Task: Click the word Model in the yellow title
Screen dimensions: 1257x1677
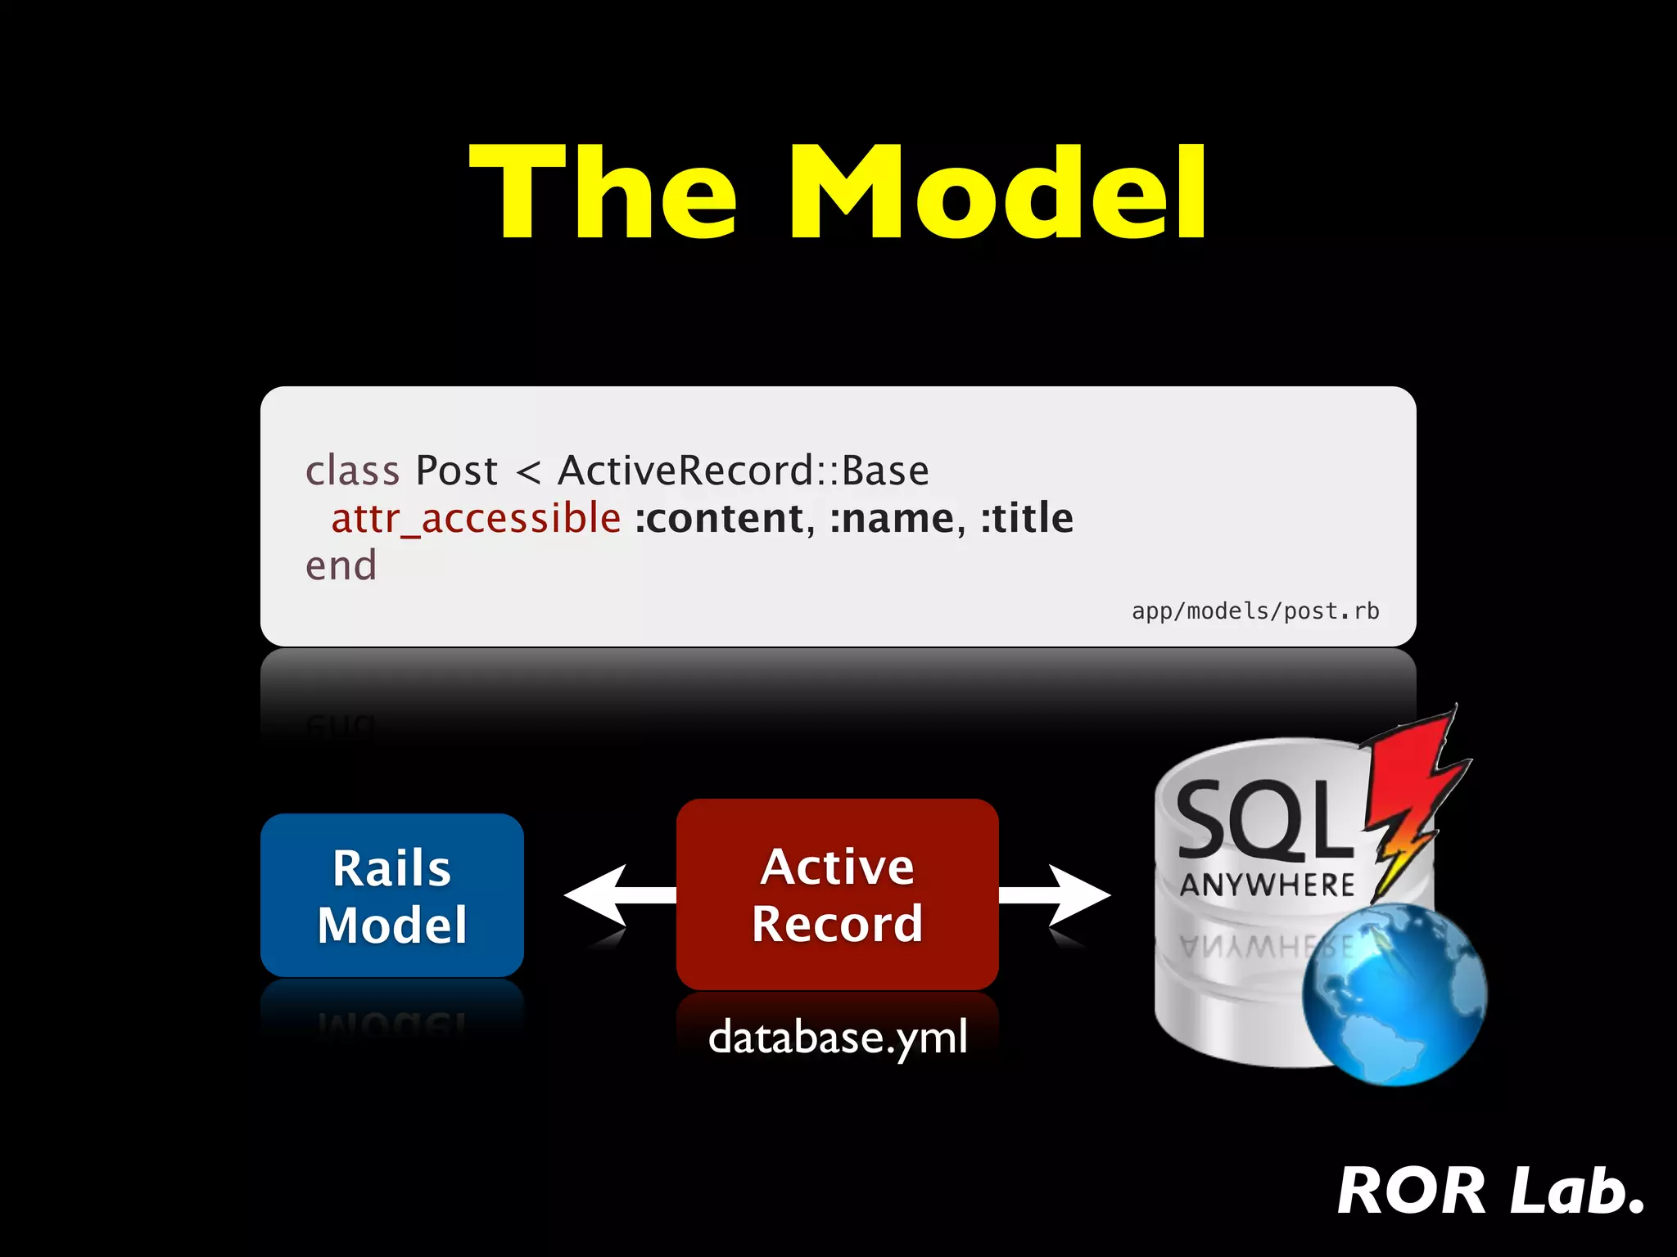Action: pos(997,193)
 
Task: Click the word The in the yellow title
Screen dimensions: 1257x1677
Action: pos(603,193)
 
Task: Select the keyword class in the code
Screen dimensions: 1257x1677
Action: pos(352,471)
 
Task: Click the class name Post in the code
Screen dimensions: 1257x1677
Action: pos(456,471)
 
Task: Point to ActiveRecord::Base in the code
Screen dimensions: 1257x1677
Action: pos(744,471)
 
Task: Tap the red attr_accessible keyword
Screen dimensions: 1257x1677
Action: pos(476,519)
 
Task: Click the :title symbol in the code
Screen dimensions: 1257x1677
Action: pos(1027,519)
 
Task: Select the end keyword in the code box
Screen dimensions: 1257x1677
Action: pos(341,566)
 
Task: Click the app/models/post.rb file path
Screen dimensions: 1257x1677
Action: pos(1254,611)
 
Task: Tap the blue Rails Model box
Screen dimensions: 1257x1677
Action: pos(392,895)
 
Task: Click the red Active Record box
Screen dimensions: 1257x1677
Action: pos(837,894)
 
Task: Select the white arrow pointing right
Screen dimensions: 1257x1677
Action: pos(1060,896)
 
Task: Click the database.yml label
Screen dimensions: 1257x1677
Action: pos(838,1037)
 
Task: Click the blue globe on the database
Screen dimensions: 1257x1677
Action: pos(1394,994)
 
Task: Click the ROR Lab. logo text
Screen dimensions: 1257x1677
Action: pos(1490,1191)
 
